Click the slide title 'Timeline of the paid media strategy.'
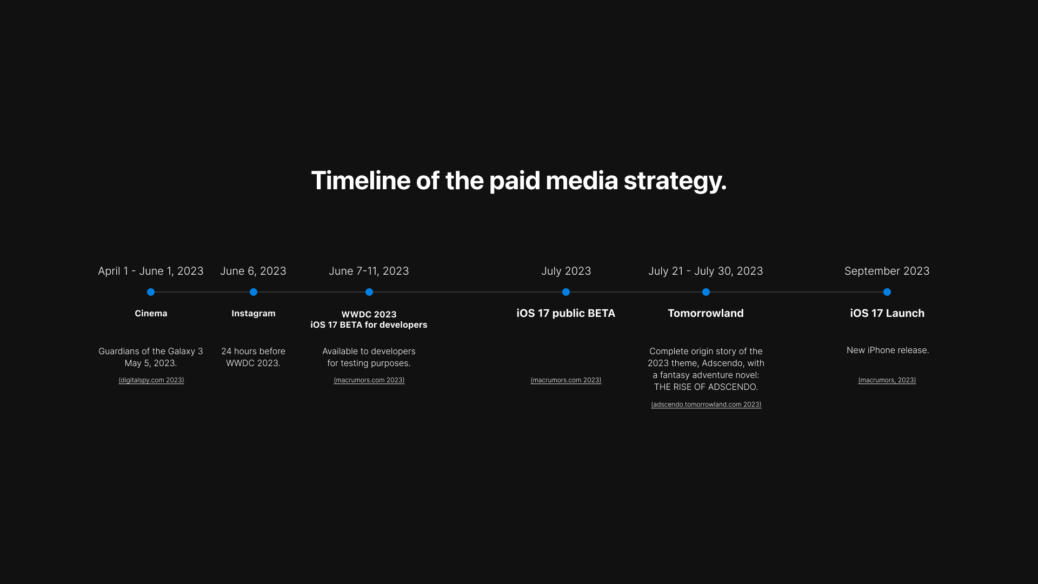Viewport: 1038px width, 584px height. point(518,181)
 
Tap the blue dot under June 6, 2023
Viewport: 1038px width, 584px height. point(254,292)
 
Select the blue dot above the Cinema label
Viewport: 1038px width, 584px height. point(151,292)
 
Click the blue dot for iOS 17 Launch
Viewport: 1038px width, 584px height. point(887,292)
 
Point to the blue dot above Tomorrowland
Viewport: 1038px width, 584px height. point(706,292)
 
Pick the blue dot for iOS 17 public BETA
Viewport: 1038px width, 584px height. point(566,292)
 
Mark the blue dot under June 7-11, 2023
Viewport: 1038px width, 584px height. point(369,292)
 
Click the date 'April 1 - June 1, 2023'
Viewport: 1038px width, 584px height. point(151,271)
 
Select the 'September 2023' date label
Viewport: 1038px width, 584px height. point(887,271)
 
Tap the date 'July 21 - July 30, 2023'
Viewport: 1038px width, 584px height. point(706,271)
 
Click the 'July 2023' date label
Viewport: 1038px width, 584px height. point(566,271)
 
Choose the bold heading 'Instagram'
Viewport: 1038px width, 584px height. point(254,314)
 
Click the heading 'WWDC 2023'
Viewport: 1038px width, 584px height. point(369,314)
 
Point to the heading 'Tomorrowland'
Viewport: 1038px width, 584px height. point(706,314)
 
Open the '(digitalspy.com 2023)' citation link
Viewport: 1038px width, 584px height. point(151,380)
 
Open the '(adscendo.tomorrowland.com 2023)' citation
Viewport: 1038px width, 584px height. point(706,404)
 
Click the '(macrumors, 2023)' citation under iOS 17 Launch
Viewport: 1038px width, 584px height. point(887,380)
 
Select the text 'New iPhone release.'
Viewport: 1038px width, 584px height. point(888,350)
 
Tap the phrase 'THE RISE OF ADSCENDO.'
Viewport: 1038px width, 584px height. point(706,387)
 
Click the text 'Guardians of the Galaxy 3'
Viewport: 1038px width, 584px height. point(151,351)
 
